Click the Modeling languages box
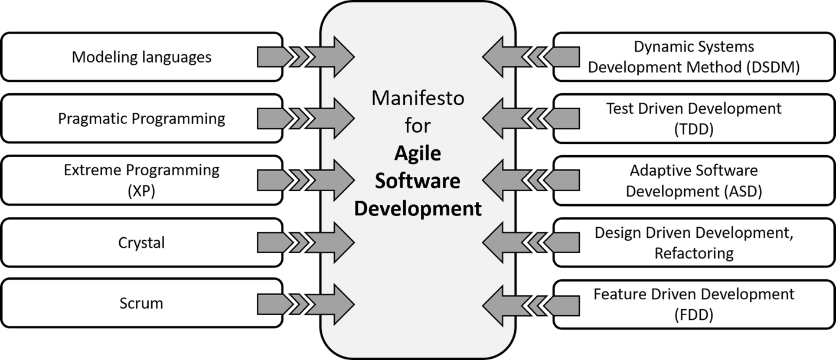click(142, 57)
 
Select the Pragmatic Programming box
click(142, 119)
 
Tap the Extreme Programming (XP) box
click(142, 180)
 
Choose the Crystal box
click(142, 242)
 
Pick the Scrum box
click(142, 304)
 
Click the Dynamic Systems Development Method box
click(694, 57)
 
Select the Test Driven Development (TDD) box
click(694, 119)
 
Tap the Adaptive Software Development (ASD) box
click(694, 180)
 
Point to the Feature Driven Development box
click(694, 304)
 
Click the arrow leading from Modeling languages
click(306, 57)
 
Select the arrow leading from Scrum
click(306, 304)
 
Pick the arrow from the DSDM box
click(530, 57)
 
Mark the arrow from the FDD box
click(530, 304)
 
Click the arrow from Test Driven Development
click(530, 119)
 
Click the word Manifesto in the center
click(417, 99)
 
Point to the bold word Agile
click(417, 153)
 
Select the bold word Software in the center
click(417, 181)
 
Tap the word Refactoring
click(694, 253)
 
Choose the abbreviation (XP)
click(142, 191)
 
